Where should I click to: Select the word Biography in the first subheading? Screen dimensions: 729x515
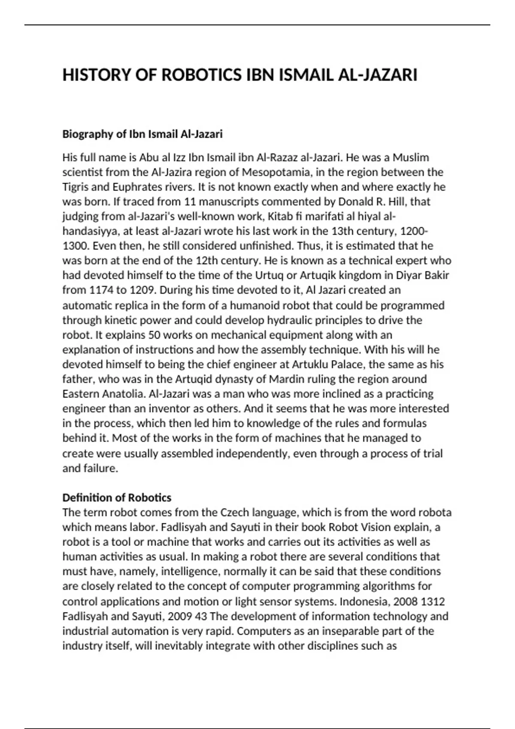88,134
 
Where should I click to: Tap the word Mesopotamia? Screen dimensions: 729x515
276,172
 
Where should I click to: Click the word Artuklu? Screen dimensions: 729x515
310,364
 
